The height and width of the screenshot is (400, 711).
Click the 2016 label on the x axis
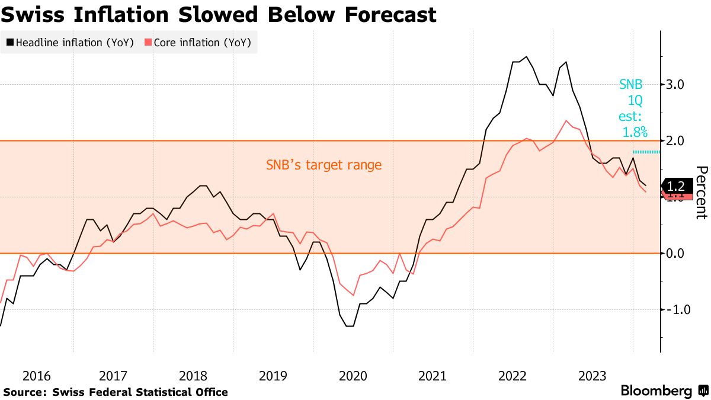coord(37,376)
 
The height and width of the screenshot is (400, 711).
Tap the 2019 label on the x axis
coord(273,376)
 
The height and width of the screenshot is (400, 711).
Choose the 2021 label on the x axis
coord(433,376)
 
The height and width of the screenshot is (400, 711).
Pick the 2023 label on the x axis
coord(592,376)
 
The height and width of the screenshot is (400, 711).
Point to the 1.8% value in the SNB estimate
coord(635,132)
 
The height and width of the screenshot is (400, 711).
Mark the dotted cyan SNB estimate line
coord(646,152)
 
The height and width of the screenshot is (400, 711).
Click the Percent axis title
coord(702,193)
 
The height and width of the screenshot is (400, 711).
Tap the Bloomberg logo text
coord(656,391)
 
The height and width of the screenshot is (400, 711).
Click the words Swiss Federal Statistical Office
coord(140,392)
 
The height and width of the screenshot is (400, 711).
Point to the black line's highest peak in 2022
coord(526,57)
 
